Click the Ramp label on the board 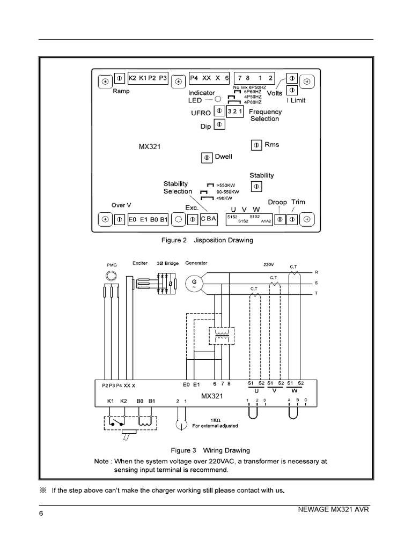tap(121, 91)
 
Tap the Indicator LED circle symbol tap(218, 100)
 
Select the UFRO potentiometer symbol tap(219, 111)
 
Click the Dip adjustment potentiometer tap(219, 124)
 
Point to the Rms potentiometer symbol tap(256, 145)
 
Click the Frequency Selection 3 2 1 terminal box tap(236, 111)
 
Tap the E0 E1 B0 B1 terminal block tap(148, 219)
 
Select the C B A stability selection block tap(209, 219)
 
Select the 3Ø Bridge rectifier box tap(166, 284)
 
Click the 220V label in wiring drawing tap(269, 264)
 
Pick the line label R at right tap(316, 272)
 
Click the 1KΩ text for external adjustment tap(215, 420)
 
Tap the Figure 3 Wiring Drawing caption tap(210, 450)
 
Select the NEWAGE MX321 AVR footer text tap(333, 509)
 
